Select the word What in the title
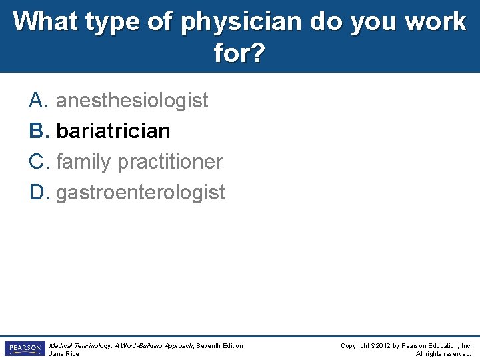click(x=43, y=22)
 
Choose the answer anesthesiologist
click(x=132, y=101)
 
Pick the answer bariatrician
click(x=113, y=131)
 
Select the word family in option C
click(x=84, y=162)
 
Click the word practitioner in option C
click(x=170, y=162)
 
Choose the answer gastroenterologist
click(x=141, y=193)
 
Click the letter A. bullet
click(x=39, y=101)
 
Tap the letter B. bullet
click(x=39, y=131)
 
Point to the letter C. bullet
click(x=39, y=162)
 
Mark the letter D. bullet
click(x=39, y=193)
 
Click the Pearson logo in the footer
click(x=25, y=349)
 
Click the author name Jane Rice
click(x=65, y=354)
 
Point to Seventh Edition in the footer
click(x=221, y=345)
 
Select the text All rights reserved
click(x=443, y=354)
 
